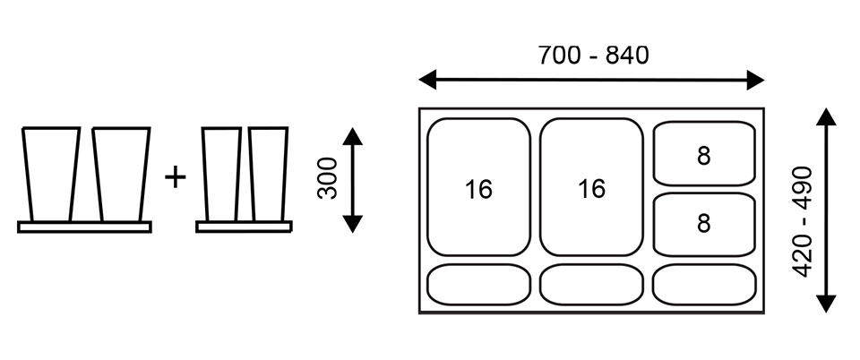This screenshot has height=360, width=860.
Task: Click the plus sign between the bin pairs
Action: [176, 177]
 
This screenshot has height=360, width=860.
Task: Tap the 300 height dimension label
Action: [328, 178]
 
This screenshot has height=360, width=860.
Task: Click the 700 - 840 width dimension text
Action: [593, 55]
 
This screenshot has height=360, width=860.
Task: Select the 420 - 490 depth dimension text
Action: [804, 220]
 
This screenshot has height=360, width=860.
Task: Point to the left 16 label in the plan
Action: [478, 190]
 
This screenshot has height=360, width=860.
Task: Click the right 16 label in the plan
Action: [591, 190]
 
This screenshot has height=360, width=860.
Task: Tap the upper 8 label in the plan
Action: [703, 156]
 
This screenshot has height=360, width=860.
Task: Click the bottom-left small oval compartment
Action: [478, 285]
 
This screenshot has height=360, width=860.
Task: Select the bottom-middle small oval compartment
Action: [591, 285]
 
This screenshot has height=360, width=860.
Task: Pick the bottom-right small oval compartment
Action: [704, 284]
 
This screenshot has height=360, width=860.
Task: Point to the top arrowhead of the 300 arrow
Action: [352, 136]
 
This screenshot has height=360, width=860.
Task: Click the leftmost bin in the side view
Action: [50, 175]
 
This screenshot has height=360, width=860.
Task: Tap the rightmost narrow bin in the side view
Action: [268, 175]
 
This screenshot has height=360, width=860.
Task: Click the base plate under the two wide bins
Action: [84, 227]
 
